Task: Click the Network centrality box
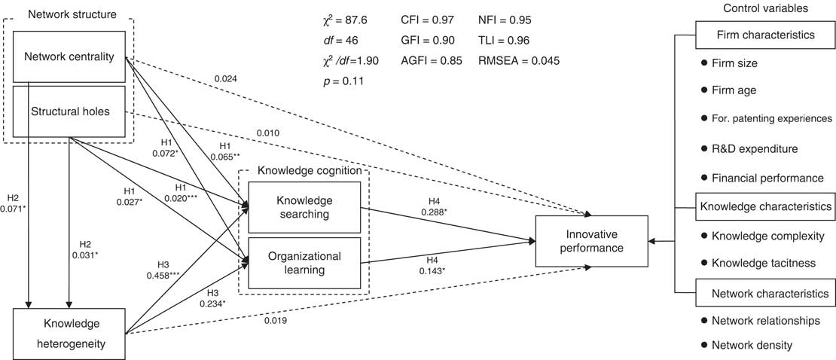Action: click(69, 58)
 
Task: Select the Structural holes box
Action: click(69, 112)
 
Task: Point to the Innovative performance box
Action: click(591, 240)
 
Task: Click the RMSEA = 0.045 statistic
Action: click(519, 61)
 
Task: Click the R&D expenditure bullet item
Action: click(759, 149)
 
